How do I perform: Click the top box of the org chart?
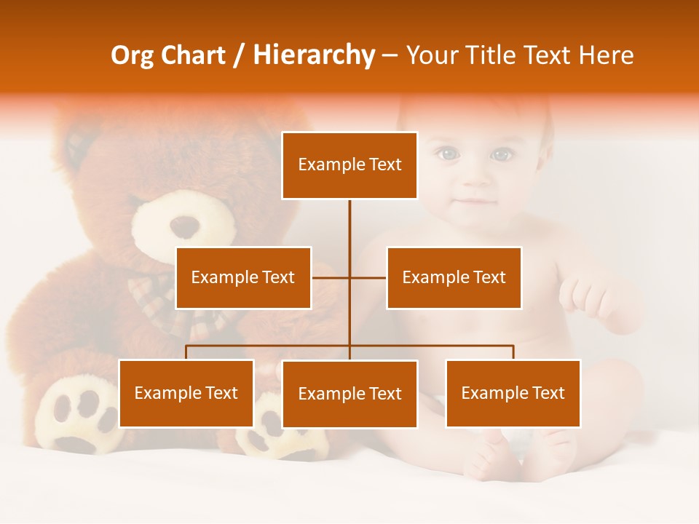click(x=349, y=165)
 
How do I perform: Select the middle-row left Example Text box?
click(x=243, y=277)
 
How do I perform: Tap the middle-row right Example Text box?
click(x=454, y=277)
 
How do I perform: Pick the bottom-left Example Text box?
click(x=186, y=393)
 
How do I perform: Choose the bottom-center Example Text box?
click(x=349, y=394)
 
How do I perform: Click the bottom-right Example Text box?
click(x=513, y=393)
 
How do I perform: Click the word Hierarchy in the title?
click(x=314, y=55)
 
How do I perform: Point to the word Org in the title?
click(x=132, y=55)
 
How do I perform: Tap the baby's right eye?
click(x=500, y=154)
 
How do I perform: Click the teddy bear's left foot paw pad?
click(x=76, y=415)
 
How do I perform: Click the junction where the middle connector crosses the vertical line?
click(x=349, y=277)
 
